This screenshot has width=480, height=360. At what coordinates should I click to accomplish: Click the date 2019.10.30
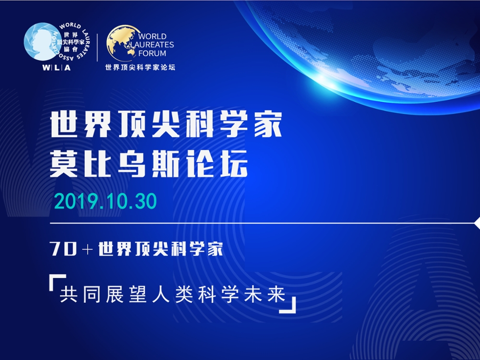(x=106, y=201)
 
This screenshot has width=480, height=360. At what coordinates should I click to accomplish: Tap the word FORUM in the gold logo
(x=152, y=53)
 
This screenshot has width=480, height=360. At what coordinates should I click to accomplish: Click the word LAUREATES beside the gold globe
(x=152, y=45)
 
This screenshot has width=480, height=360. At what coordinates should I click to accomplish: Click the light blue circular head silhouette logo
(x=39, y=42)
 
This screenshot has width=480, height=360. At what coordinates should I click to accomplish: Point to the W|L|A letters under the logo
(x=56, y=67)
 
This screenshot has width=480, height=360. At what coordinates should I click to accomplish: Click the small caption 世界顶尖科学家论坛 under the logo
(x=140, y=67)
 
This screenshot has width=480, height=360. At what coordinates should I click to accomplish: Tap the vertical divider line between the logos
(x=97, y=48)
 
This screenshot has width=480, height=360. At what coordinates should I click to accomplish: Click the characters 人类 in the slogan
(x=173, y=295)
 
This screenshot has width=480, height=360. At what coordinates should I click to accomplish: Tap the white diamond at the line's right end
(x=477, y=223)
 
